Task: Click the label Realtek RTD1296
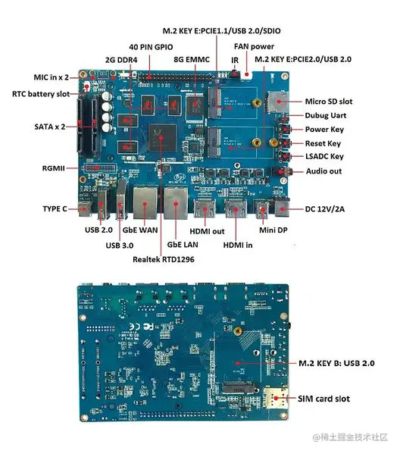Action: click(163, 259)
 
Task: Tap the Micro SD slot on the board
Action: click(278, 102)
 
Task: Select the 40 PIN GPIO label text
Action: click(151, 47)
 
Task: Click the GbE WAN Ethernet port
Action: click(145, 203)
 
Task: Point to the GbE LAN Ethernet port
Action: click(176, 203)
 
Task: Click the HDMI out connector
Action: click(205, 208)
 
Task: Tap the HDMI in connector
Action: click(236, 208)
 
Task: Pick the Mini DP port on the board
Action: click(262, 209)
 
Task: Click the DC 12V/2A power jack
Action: click(282, 207)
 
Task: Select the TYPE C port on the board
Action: click(85, 209)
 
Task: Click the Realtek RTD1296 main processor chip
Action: click(162, 138)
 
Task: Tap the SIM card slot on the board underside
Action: click(276, 398)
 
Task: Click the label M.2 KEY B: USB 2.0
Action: click(336, 363)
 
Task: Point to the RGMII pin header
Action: click(99, 168)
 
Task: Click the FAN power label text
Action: click(254, 46)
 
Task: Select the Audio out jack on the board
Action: click(282, 172)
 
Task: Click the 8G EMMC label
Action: click(192, 60)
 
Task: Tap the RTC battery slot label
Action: click(41, 94)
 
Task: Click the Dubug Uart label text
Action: click(326, 115)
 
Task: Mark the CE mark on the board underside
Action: click(135, 327)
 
